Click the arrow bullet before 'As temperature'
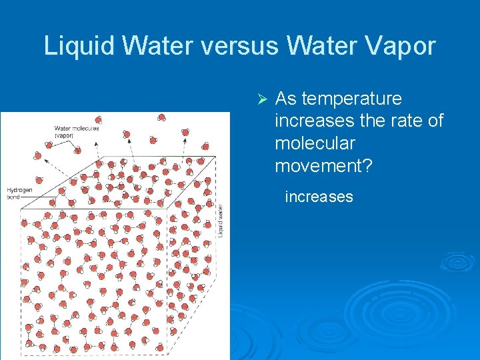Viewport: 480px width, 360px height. coord(262,99)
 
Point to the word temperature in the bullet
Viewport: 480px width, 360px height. coord(351,99)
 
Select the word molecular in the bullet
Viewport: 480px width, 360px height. coord(315,143)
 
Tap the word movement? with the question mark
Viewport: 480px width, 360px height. coord(323,166)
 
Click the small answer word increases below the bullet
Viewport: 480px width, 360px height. coord(319,197)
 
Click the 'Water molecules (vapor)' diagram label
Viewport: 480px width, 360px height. coord(76,131)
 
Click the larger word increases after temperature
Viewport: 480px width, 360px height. coord(314,121)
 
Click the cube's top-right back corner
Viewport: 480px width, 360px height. coord(215,157)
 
